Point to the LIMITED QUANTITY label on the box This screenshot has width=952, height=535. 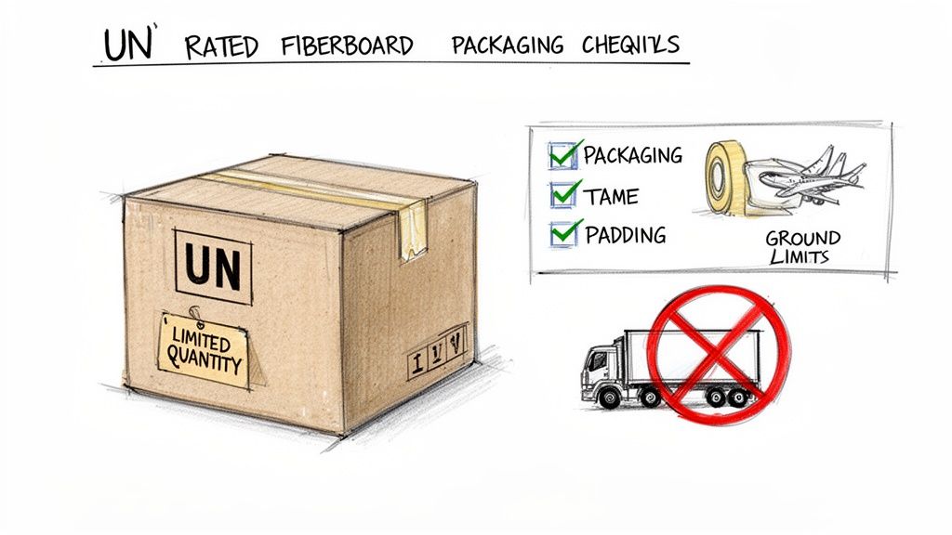point(204,349)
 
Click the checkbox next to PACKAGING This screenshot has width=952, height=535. point(562,155)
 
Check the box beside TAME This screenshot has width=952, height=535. point(562,194)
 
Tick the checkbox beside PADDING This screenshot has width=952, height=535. point(562,233)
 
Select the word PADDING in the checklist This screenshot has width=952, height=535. point(625,235)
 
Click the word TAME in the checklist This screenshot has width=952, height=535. point(613,195)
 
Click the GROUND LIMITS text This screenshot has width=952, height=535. point(802,246)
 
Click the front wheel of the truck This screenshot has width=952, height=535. point(610,398)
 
